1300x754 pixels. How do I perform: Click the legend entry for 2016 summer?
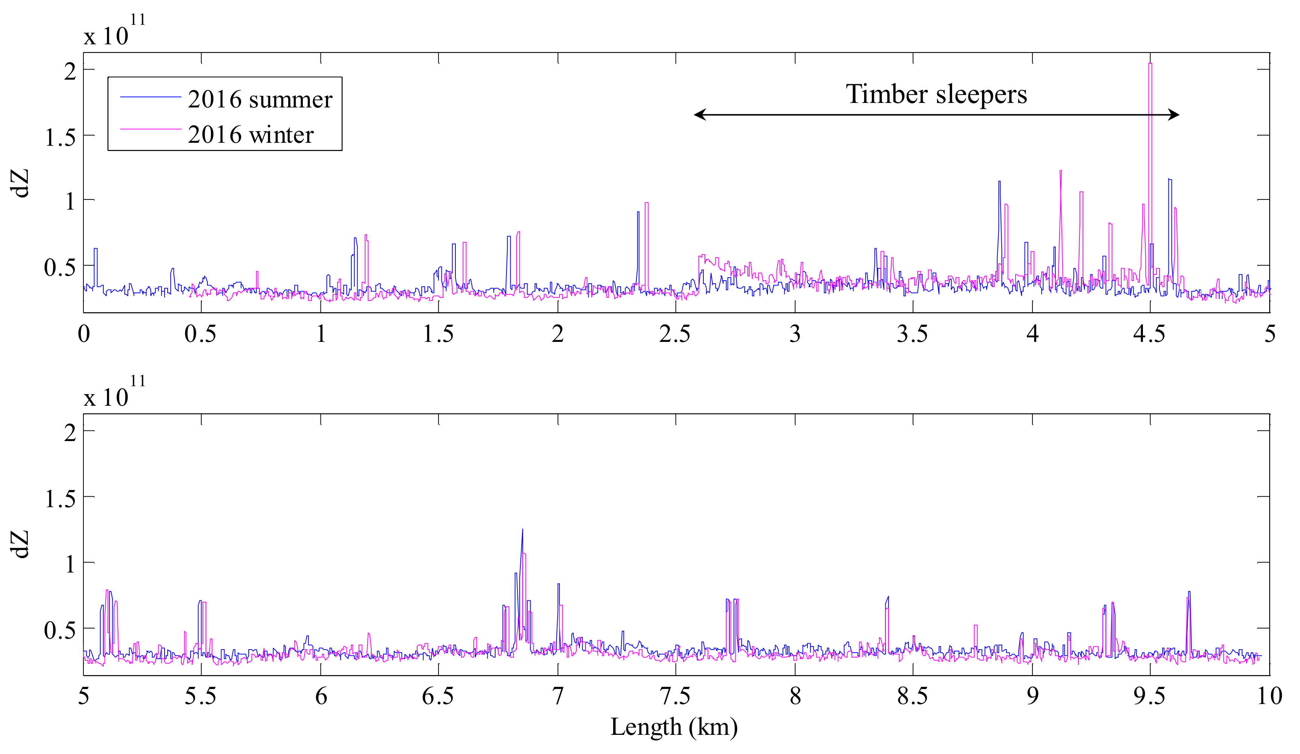pyautogui.click(x=260, y=99)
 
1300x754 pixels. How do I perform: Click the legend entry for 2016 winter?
pyautogui.click(x=250, y=134)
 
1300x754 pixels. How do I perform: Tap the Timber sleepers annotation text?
pyautogui.click(x=936, y=94)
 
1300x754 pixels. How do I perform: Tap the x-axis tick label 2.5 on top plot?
pyautogui.click(x=674, y=334)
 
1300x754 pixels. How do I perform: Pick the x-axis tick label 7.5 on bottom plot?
pyautogui.click(x=675, y=696)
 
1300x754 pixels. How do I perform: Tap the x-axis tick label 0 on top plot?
pyautogui.click(x=83, y=334)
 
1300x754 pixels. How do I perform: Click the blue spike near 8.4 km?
pyautogui.click(x=888, y=598)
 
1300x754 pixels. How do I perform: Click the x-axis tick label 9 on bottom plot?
pyautogui.click(x=1032, y=696)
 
